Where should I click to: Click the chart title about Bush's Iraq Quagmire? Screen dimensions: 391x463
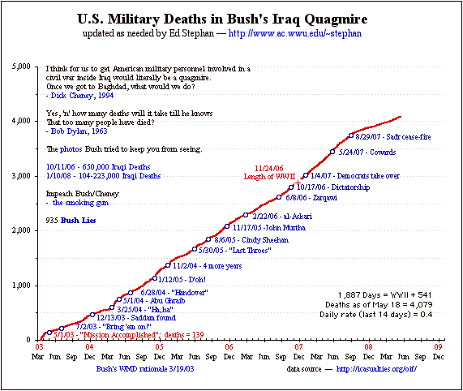pyautogui.click(x=230, y=17)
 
